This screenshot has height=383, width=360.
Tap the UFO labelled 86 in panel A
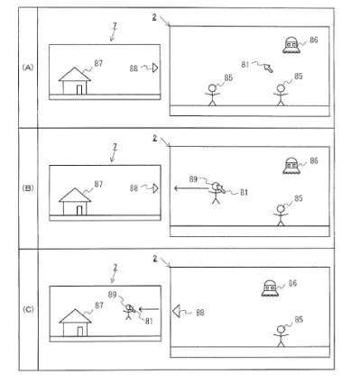(291, 45)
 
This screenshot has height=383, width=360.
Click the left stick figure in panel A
(213, 94)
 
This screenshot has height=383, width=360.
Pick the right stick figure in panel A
(280, 94)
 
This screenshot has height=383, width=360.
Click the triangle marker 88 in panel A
(154, 68)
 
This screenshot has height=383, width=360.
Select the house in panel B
(77, 202)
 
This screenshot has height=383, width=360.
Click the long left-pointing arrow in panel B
(189, 188)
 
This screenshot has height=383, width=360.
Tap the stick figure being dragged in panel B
(216, 192)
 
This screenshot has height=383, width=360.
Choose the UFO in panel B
(291, 164)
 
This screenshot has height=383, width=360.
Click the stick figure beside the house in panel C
(132, 316)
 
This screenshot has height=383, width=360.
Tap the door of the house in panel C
(80, 330)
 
